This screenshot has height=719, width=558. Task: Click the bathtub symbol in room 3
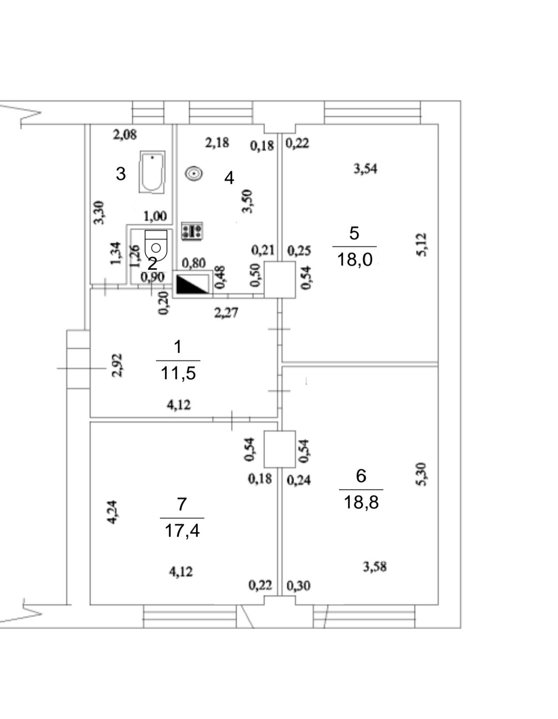152,171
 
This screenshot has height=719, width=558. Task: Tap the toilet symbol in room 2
156,244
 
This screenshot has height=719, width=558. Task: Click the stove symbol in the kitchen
192,230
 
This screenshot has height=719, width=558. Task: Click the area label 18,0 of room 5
354,259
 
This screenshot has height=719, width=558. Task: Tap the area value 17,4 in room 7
182,531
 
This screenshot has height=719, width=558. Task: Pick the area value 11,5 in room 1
178,373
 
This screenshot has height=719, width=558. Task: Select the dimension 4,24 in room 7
112,512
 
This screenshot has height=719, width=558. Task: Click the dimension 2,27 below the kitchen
226,312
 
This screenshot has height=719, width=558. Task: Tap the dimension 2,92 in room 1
117,365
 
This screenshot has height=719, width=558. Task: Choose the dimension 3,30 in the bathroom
99,213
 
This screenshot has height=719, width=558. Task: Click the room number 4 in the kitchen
229,178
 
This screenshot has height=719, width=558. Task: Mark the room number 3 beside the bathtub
121,174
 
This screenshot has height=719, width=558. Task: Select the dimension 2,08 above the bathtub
125,135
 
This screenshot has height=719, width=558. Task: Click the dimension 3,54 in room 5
365,169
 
